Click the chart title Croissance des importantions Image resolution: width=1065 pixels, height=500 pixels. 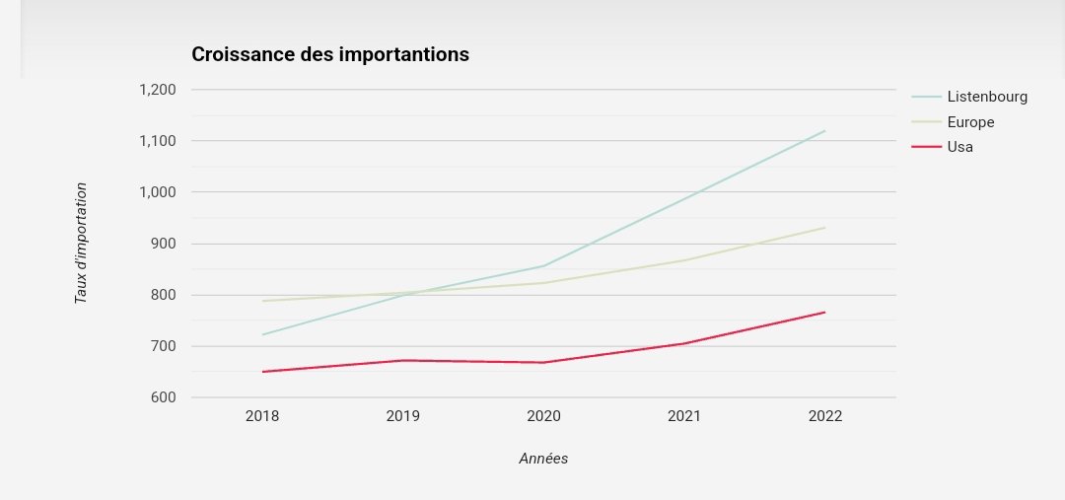click(329, 54)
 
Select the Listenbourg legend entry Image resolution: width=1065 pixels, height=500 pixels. click(986, 97)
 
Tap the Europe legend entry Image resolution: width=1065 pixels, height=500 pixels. click(970, 122)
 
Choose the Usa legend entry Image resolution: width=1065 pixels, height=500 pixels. click(959, 147)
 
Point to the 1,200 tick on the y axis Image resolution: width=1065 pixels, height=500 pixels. click(157, 90)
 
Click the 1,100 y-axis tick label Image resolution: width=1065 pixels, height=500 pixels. click(157, 141)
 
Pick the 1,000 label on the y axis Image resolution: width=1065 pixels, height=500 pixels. click(157, 192)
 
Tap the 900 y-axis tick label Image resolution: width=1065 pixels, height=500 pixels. click(163, 244)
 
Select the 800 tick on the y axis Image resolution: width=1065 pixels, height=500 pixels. click(163, 295)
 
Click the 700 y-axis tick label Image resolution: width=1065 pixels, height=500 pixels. click(163, 346)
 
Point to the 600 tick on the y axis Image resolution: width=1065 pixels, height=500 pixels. click(163, 397)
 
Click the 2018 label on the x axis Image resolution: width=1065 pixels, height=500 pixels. click(262, 416)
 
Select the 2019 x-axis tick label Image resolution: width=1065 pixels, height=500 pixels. click(403, 416)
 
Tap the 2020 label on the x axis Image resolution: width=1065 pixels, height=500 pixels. click(543, 416)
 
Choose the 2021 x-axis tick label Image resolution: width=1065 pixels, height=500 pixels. click(684, 416)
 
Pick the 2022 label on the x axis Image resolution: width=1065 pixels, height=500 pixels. click(825, 416)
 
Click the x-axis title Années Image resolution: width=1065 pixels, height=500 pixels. click(543, 459)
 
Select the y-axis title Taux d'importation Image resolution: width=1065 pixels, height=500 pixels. click(82, 243)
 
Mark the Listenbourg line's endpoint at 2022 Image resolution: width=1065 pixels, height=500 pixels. click(825, 130)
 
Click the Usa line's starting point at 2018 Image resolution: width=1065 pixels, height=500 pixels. click(262, 372)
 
